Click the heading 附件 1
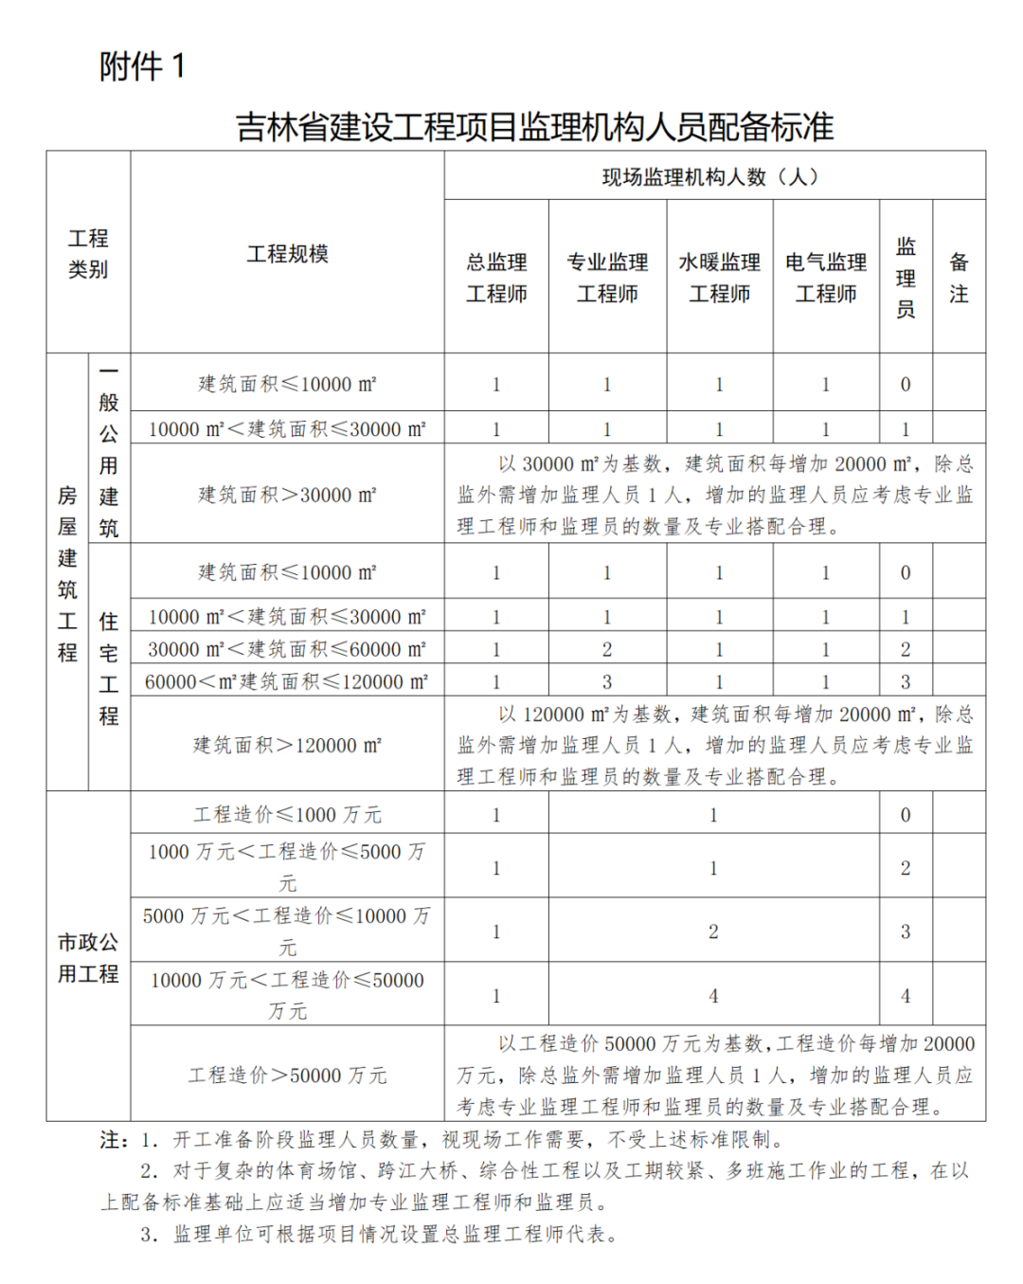(142, 66)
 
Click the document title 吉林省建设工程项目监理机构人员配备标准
(534, 127)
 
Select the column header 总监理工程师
(496, 278)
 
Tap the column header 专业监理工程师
(607, 278)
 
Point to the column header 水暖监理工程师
(719, 278)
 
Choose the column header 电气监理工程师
(825, 278)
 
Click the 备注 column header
(959, 278)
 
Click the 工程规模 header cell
(287, 254)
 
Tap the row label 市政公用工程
(88, 957)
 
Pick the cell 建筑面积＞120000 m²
(287, 746)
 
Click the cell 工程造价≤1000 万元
(287, 814)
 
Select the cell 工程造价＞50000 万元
(287, 1075)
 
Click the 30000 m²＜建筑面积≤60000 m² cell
(287, 649)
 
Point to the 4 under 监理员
(906, 996)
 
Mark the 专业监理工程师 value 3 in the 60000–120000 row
(607, 681)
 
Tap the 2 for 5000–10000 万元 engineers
(713, 931)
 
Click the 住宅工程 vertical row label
(109, 668)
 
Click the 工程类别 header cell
(88, 254)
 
